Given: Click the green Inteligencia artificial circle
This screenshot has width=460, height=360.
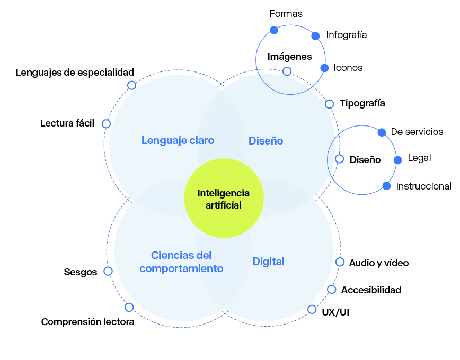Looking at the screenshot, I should pyautogui.click(x=223, y=198).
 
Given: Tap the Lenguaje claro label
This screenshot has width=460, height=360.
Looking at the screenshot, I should pyautogui.click(x=178, y=140).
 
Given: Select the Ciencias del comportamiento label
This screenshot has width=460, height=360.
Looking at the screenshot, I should pyautogui.click(x=181, y=262).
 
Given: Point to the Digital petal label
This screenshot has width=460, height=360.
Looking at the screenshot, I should pyautogui.click(x=268, y=262).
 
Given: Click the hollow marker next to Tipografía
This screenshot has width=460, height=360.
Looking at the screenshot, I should pyautogui.click(x=329, y=104).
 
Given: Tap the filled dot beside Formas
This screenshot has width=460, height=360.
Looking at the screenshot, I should pyautogui.click(x=274, y=30).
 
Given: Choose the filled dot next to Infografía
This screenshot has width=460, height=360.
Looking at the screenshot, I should pyautogui.click(x=315, y=36).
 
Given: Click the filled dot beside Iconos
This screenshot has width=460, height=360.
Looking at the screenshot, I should pyautogui.click(x=325, y=68).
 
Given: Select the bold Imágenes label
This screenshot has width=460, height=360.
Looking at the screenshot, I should pyautogui.click(x=289, y=57).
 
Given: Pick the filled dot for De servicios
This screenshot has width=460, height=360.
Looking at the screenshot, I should pyautogui.click(x=382, y=132).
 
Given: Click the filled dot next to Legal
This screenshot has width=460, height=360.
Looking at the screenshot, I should pyautogui.click(x=397, y=159).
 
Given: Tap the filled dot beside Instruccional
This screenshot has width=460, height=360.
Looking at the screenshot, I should pyautogui.click(x=386, y=186).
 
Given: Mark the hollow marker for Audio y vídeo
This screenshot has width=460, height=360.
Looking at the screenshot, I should pyautogui.click(x=340, y=262).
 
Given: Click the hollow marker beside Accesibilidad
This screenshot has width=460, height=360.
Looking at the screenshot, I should pyautogui.click(x=332, y=289).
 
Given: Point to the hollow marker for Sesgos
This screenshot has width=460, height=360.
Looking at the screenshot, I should pyautogui.click(x=108, y=271).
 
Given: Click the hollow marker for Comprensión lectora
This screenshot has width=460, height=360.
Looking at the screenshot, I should pyautogui.click(x=129, y=307).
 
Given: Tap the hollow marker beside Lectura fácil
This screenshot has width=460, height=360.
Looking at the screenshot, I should pyautogui.click(x=106, y=124).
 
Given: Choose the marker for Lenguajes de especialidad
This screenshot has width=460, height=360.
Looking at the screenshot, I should pyautogui.click(x=131, y=85).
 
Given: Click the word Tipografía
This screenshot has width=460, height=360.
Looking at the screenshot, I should pyautogui.click(x=362, y=103).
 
